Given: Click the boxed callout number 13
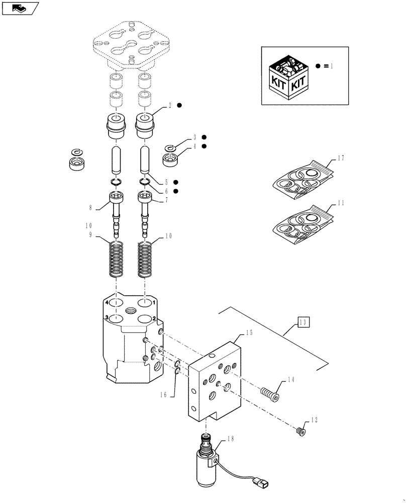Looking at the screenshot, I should pyautogui.click(x=303, y=322).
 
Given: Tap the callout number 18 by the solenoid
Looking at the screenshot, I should pyautogui.click(x=231, y=439).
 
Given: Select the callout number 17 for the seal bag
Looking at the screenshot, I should pyautogui.click(x=341, y=158).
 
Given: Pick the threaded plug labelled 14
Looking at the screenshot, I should pyautogui.click(x=271, y=393).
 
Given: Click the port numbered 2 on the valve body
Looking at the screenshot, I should pyautogui.click(x=146, y=319).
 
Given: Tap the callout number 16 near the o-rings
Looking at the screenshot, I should pyautogui.click(x=163, y=395).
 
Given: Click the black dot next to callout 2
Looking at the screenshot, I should pyautogui.click(x=180, y=105).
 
